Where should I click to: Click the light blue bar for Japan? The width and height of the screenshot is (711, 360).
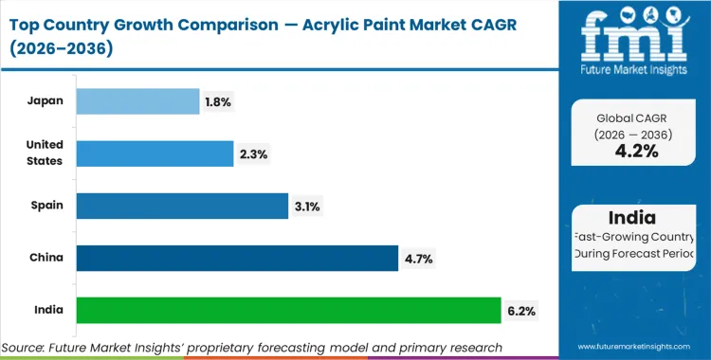[137, 100]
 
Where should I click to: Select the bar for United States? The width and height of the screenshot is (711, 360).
[155, 153]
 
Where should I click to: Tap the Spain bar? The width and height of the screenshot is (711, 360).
[182, 205]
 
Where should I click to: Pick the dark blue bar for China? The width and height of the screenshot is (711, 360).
[237, 258]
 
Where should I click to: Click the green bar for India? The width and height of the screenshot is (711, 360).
[288, 310]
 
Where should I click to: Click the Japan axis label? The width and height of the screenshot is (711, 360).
[46, 100]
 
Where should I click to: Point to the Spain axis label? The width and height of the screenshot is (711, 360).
[47, 205]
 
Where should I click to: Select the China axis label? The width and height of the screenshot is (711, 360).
[47, 258]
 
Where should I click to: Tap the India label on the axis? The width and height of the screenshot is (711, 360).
[49, 310]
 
